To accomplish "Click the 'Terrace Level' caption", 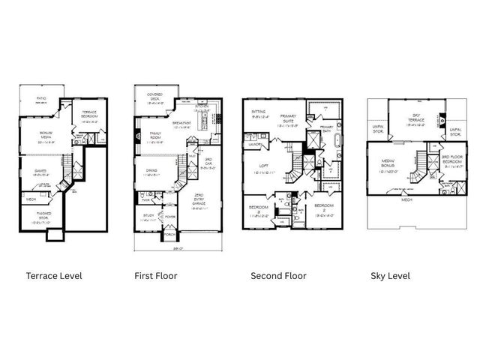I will click(54, 276).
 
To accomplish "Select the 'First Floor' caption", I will click(155, 276).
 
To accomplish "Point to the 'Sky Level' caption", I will click(390, 276).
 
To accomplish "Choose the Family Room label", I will click(157, 136).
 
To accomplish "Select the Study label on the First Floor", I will click(148, 217).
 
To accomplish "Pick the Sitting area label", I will click(259, 112).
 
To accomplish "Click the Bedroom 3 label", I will click(258, 210).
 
